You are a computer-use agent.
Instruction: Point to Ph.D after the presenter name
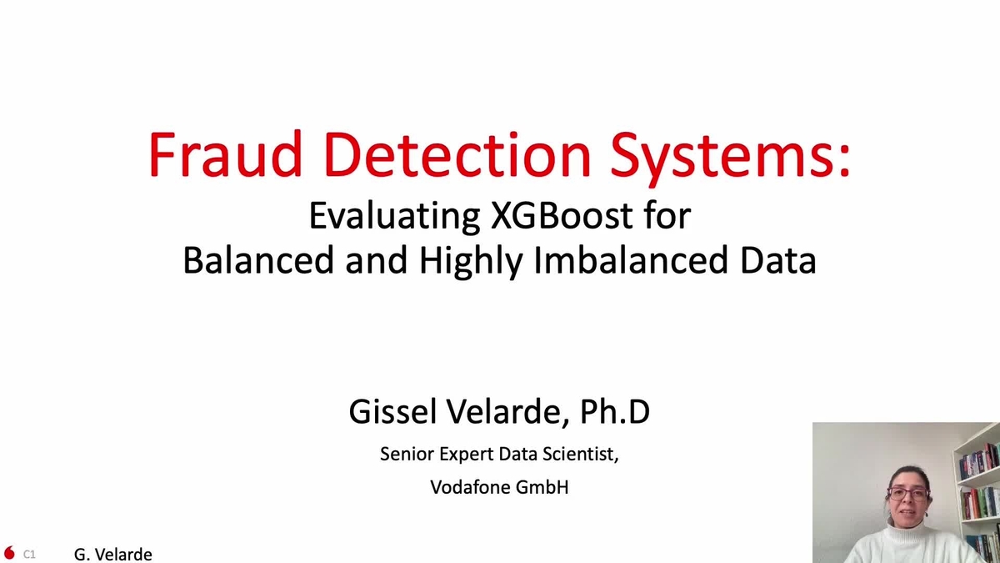[x=616, y=413]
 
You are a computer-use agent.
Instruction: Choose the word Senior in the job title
[x=406, y=455]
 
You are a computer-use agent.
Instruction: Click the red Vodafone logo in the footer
[x=10, y=553]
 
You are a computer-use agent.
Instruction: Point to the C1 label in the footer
[x=29, y=554]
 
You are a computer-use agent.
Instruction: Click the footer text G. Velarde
[x=113, y=554]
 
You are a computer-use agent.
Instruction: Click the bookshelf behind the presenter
[x=979, y=492]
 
